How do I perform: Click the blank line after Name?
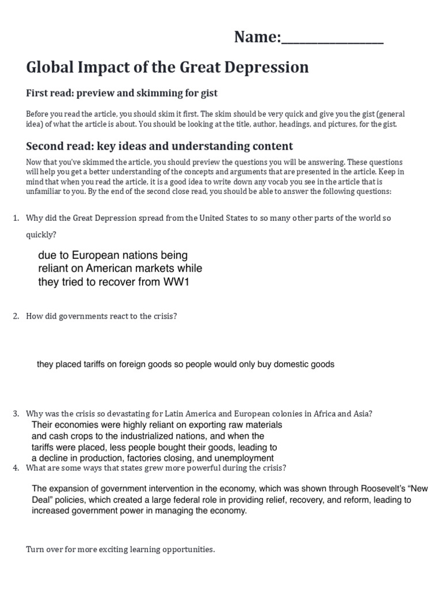(332, 40)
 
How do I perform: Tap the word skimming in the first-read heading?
(153, 93)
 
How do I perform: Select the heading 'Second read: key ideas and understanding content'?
(159, 146)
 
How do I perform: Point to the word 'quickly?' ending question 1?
(41, 235)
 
